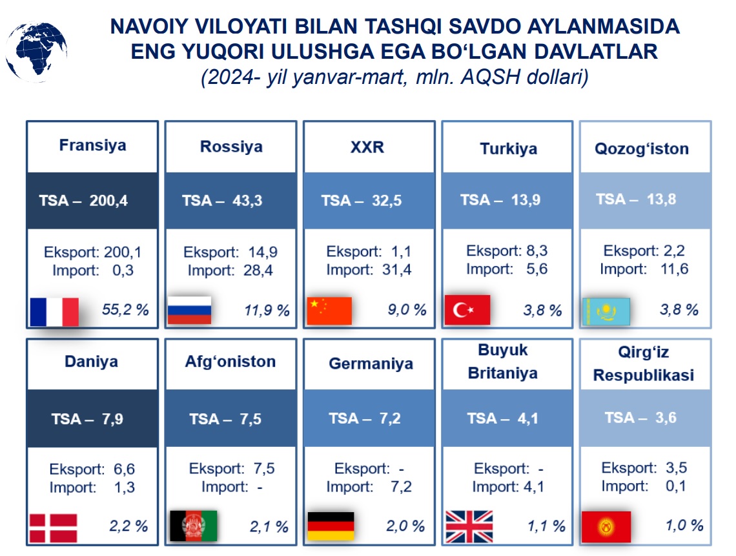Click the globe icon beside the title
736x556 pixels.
tap(36, 52)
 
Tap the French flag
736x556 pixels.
tap(54, 311)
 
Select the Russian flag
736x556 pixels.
tap(190, 311)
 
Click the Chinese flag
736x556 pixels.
tap(329, 311)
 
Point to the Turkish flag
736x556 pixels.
tap(467, 310)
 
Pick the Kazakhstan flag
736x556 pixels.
tap(606, 311)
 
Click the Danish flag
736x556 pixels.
tap(53, 528)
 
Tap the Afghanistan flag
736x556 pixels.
tap(194, 526)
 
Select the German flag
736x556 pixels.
tap(331, 526)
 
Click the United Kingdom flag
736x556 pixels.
tap(469, 526)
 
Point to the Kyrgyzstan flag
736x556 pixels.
tap(606, 526)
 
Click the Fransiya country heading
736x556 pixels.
tap(92, 145)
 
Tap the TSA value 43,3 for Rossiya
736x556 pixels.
tap(247, 201)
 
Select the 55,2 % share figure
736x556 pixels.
tap(125, 309)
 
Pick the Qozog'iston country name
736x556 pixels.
tap(642, 149)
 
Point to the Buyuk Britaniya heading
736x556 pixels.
tap(503, 362)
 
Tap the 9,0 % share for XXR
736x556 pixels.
tap(407, 309)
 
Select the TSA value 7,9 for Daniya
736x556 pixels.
tap(112, 419)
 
